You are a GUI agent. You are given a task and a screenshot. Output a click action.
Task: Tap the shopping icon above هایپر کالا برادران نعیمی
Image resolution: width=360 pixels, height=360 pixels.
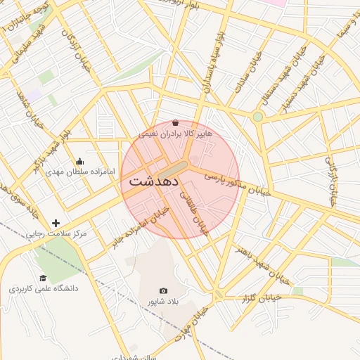[x=175, y=122]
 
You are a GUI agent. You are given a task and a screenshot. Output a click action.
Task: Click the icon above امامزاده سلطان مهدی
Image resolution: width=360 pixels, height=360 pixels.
[x=79, y=160]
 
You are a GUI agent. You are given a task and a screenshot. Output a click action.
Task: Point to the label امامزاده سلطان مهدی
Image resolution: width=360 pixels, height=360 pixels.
[x=75, y=172]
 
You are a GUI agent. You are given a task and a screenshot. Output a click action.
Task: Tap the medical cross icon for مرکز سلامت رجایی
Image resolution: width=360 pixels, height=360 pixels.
[x=56, y=223]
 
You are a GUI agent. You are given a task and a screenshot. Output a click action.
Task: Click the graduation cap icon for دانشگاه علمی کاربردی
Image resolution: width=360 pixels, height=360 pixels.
[x=43, y=278]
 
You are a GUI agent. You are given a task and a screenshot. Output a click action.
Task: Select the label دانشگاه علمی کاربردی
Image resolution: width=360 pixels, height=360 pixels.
[x=44, y=289]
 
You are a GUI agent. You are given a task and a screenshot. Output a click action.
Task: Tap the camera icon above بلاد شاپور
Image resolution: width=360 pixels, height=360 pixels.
[x=164, y=291]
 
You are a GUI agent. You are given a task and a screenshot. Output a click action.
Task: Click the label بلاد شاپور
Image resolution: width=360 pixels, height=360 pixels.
[x=164, y=302]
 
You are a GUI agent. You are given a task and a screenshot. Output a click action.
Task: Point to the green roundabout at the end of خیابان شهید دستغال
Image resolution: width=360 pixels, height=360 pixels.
[x=258, y=116]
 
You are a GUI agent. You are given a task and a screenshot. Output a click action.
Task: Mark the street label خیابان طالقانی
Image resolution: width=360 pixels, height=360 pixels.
[x=195, y=211]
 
